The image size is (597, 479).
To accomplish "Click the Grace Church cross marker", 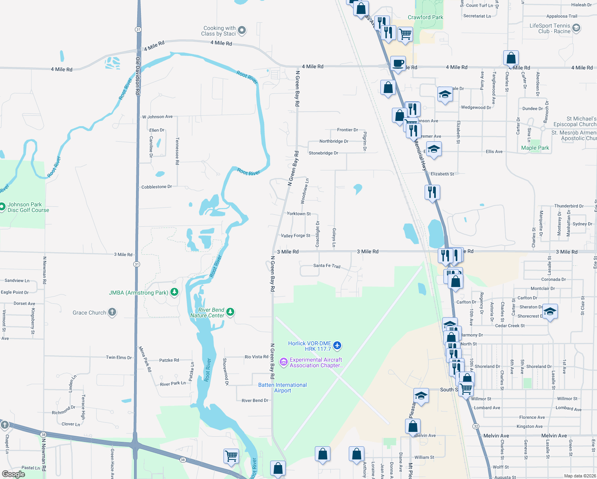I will pyautogui.click(x=112, y=312).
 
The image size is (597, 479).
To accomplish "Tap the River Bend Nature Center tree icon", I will pyautogui.click(x=230, y=312).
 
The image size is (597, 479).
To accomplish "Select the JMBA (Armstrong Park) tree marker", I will pyautogui.click(x=174, y=292).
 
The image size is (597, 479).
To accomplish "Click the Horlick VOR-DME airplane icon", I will pyautogui.click(x=337, y=345).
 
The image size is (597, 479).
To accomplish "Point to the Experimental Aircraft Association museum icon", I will pyautogui.click(x=284, y=362).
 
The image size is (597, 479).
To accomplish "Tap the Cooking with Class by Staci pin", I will pyautogui.click(x=242, y=30).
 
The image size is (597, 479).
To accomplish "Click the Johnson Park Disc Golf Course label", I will pyautogui.click(x=28, y=207).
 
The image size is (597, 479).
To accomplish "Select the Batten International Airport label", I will pyautogui.click(x=283, y=388).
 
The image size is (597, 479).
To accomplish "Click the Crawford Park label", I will pyautogui.click(x=425, y=17).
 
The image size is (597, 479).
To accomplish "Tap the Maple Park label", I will pyautogui.click(x=535, y=148).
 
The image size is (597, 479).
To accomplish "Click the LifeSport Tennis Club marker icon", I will pyautogui.click(x=576, y=28).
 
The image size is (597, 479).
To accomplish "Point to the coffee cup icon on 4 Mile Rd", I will pyautogui.click(x=398, y=63).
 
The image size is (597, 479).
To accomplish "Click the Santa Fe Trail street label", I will pyautogui.click(x=326, y=265).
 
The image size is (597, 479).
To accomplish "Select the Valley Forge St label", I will pyautogui.click(x=295, y=236).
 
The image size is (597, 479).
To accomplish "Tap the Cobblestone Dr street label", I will pyautogui.click(x=156, y=187).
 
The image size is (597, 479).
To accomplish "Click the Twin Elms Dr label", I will pyautogui.click(x=119, y=358).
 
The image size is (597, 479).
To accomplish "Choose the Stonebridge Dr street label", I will pyautogui.click(x=323, y=153).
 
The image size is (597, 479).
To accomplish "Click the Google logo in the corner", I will pyautogui.click(x=14, y=474).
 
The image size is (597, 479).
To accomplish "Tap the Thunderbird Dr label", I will pyautogui.click(x=569, y=206).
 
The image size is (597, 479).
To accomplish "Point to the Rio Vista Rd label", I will pyautogui.click(x=256, y=357).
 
